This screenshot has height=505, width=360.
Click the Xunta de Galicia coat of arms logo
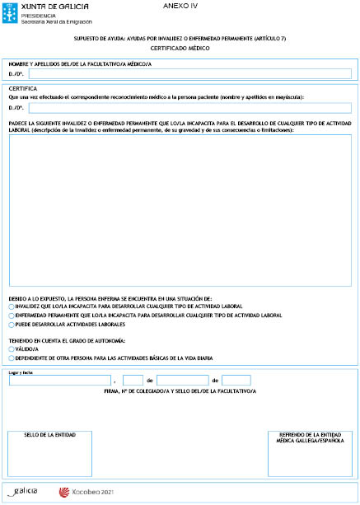pos(12,11)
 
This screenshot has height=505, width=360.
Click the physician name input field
pos(189,73)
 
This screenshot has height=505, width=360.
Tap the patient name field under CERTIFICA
pos(189,107)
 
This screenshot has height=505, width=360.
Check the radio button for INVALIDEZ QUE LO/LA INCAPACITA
pos(11,306)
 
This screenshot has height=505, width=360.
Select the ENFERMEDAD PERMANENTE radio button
pos(11,315)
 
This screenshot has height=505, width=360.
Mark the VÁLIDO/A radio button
pos(11,349)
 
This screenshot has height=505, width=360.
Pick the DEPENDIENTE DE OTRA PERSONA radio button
pos(11,358)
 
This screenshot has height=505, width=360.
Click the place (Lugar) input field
pos(60,380)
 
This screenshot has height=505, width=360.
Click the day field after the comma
pos(133,380)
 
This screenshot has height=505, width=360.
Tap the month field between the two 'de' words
pos(182,380)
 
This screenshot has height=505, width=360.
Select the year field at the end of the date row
pos(236,380)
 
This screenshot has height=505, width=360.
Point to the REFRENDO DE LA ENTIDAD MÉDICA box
pos(308,452)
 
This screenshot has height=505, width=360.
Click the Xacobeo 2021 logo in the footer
pos(86,492)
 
